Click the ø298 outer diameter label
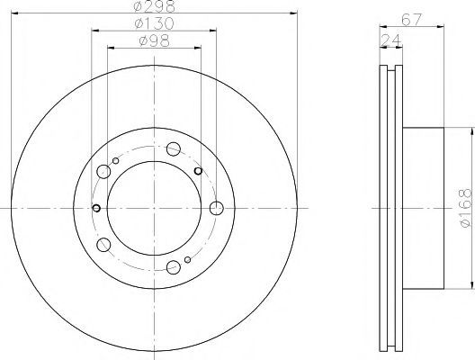[x=155, y=6]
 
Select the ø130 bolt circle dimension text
[x=154, y=23]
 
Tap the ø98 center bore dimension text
[x=154, y=40]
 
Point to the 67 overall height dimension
[x=411, y=20]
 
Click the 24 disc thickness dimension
[x=390, y=40]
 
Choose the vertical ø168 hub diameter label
[x=466, y=208]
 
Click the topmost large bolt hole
[x=174, y=148]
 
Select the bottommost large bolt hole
[x=174, y=267]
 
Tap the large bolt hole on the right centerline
[x=217, y=208]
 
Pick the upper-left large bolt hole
[x=103, y=172]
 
